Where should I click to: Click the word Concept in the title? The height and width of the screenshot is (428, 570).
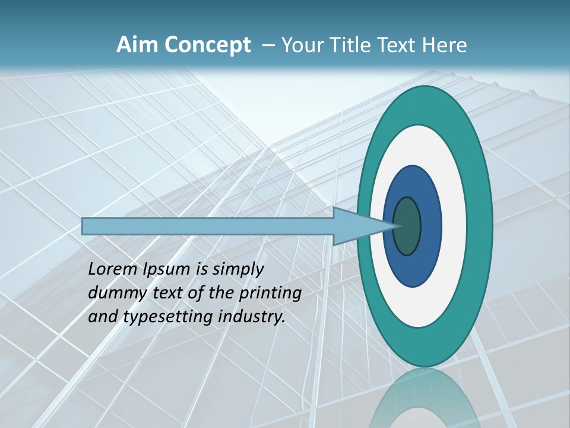point(207,45)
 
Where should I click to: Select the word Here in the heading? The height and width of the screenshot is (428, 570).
point(445,45)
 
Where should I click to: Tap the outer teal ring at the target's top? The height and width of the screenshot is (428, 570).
point(424,105)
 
